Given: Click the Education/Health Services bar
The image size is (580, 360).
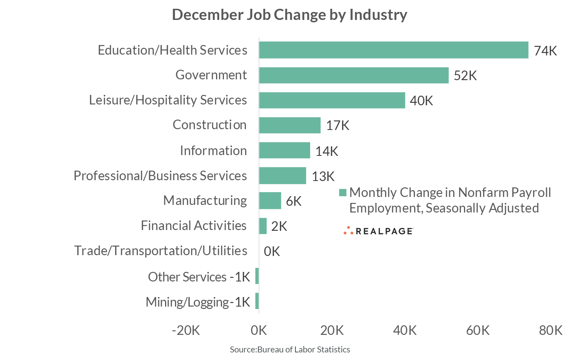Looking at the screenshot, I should pos(393,50).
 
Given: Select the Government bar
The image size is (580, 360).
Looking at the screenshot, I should pos(354,75).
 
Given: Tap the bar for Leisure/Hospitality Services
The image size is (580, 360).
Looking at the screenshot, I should pos(332,100).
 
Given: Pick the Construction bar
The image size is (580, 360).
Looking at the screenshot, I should pos(289,125).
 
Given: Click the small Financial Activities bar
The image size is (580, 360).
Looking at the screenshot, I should pos(263,226).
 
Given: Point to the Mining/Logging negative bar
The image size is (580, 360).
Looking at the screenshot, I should pos(257,301).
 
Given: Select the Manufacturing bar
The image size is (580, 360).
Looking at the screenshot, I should pos(270,201).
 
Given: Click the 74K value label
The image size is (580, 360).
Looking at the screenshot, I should pos(545,51).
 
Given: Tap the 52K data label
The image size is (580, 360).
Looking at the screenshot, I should pos(465,76).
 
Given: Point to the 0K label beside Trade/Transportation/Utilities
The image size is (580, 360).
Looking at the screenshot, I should pos(272,251).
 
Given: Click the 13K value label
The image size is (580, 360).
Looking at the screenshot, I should pos(323,176).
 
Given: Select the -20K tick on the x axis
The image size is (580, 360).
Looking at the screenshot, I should pos(186,330).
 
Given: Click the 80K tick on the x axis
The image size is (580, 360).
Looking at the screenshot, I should pos(551,330).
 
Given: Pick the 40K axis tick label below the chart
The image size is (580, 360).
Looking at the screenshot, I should pos(405,330).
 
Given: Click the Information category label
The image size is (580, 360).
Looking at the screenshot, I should pos(213,151).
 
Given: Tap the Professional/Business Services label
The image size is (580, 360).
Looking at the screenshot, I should pos(160,176).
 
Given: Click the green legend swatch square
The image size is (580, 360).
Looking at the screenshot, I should pos(342,193).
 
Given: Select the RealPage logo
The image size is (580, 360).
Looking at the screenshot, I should pos(378,231).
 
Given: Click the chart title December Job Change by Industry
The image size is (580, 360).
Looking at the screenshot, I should pos(289,15).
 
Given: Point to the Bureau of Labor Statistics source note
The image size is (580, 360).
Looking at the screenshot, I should pos(290,350).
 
